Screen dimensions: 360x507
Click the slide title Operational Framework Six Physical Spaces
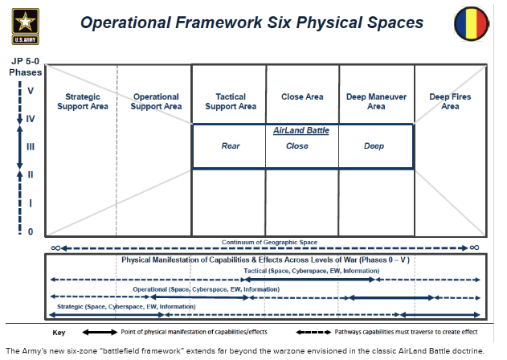click(x=251, y=22)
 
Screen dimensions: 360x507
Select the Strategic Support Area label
click(x=80, y=101)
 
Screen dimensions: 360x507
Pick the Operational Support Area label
click(x=156, y=101)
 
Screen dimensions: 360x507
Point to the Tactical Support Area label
click(x=231, y=101)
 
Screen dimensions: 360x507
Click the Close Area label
click(x=302, y=97)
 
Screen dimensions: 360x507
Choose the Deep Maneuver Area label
click(x=376, y=101)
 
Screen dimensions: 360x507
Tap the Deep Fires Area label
click(x=450, y=101)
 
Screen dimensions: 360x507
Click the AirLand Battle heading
click(x=301, y=130)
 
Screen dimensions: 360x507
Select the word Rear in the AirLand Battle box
click(x=231, y=146)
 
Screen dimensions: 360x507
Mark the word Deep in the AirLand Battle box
click(x=374, y=146)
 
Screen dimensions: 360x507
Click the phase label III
click(x=31, y=146)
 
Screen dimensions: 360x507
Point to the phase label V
click(x=31, y=91)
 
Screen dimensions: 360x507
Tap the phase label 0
click(x=31, y=231)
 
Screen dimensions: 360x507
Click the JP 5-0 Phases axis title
click(x=27, y=67)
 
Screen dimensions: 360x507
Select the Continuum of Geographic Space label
click(x=265, y=242)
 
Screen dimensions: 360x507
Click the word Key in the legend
click(x=59, y=332)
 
